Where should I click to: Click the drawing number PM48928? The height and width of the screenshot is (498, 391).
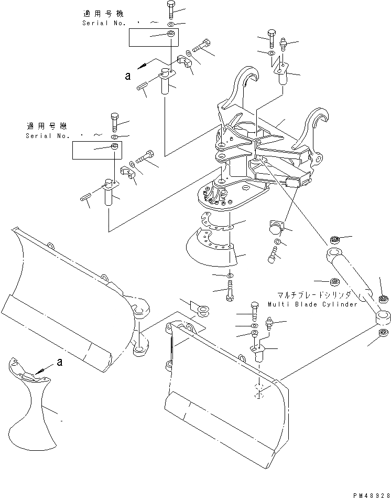pos(368,494)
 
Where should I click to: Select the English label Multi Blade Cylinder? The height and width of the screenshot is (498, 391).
pos(312,304)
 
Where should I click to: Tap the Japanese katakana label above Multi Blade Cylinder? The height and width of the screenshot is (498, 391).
pos(312,296)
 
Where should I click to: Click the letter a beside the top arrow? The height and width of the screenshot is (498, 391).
pos(127,77)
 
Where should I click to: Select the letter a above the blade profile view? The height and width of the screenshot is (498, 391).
pos(59,362)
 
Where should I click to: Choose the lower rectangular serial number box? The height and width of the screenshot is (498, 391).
pos(96,151)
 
